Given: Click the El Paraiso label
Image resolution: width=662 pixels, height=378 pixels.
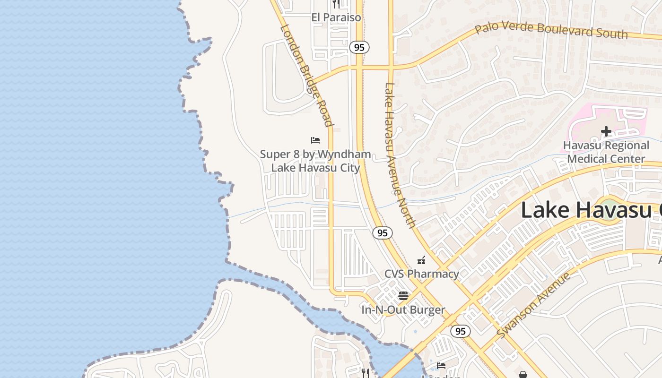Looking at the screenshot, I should click(336, 17).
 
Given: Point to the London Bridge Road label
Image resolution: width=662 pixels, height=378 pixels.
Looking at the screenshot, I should click(306, 76).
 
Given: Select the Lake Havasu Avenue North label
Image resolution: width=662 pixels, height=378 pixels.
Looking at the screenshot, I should click(399, 155).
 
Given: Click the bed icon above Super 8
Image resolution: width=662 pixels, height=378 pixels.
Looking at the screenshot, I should click(315, 140).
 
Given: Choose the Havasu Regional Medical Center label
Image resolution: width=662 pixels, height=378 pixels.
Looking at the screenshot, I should click(606, 152).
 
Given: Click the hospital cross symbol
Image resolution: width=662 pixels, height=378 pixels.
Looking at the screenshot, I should click(606, 131).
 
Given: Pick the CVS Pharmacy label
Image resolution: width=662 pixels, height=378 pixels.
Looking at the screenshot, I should click(421, 274).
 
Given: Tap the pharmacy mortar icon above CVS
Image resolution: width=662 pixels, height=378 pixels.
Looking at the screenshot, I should click(421, 260).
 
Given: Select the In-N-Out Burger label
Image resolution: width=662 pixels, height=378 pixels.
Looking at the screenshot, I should click(403, 310).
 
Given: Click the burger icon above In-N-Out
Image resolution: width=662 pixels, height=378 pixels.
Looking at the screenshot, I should click(403, 296).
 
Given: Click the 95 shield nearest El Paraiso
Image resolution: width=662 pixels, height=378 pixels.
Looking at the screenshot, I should click(359, 47).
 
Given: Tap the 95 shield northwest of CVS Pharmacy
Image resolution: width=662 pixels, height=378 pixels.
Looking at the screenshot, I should click(382, 232).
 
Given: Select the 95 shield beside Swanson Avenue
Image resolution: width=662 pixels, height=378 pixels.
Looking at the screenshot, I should click(460, 331).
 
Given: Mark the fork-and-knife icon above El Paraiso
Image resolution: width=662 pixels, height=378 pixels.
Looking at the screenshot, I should click(336, 4).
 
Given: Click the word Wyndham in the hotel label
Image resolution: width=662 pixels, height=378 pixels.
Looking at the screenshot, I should click(344, 154).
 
